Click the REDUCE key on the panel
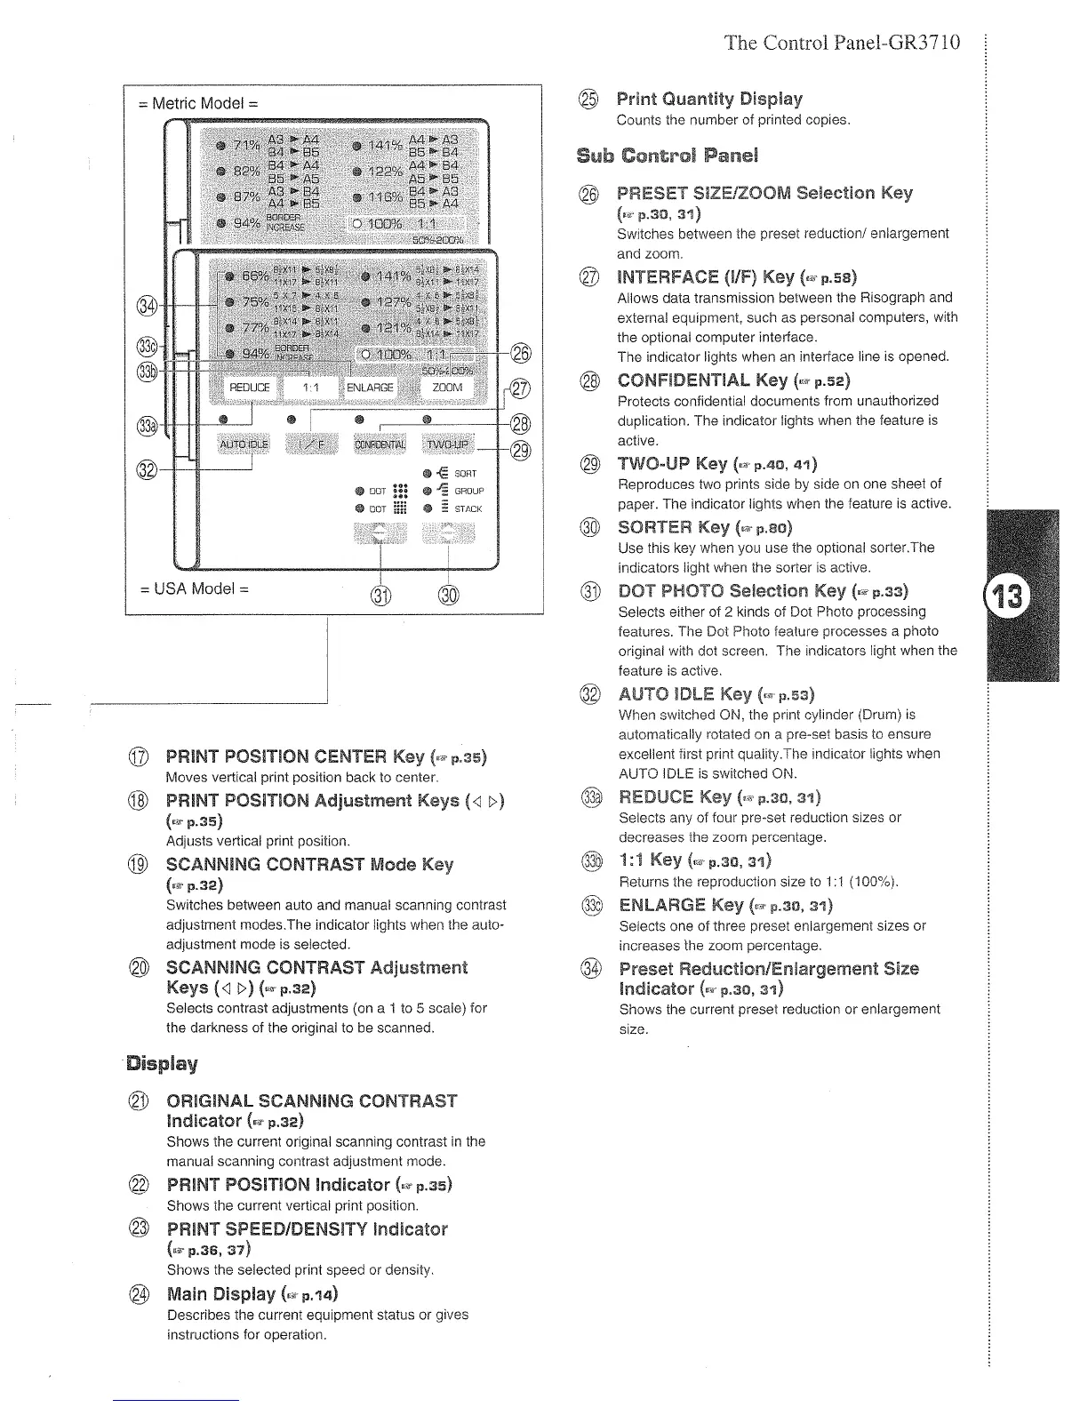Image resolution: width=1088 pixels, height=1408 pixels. click(x=250, y=388)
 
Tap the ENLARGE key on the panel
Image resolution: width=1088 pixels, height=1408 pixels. click(x=370, y=388)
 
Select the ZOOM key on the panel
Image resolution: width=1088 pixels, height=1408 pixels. click(x=447, y=388)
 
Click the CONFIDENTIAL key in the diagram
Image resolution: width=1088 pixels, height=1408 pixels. click(x=380, y=444)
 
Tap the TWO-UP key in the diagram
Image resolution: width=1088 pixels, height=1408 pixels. click(x=449, y=444)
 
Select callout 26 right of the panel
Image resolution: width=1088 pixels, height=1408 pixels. click(x=522, y=353)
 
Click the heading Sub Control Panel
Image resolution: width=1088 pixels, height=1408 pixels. click(x=667, y=156)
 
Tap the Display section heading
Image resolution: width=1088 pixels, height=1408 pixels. click(x=161, y=1063)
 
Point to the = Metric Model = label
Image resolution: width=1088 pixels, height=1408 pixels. click(x=199, y=103)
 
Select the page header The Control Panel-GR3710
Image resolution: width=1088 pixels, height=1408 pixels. click(x=842, y=42)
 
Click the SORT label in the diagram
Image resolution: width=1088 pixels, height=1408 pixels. click(x=466, y=474)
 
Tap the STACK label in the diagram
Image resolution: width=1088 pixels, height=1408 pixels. click(x=468, y=509)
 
